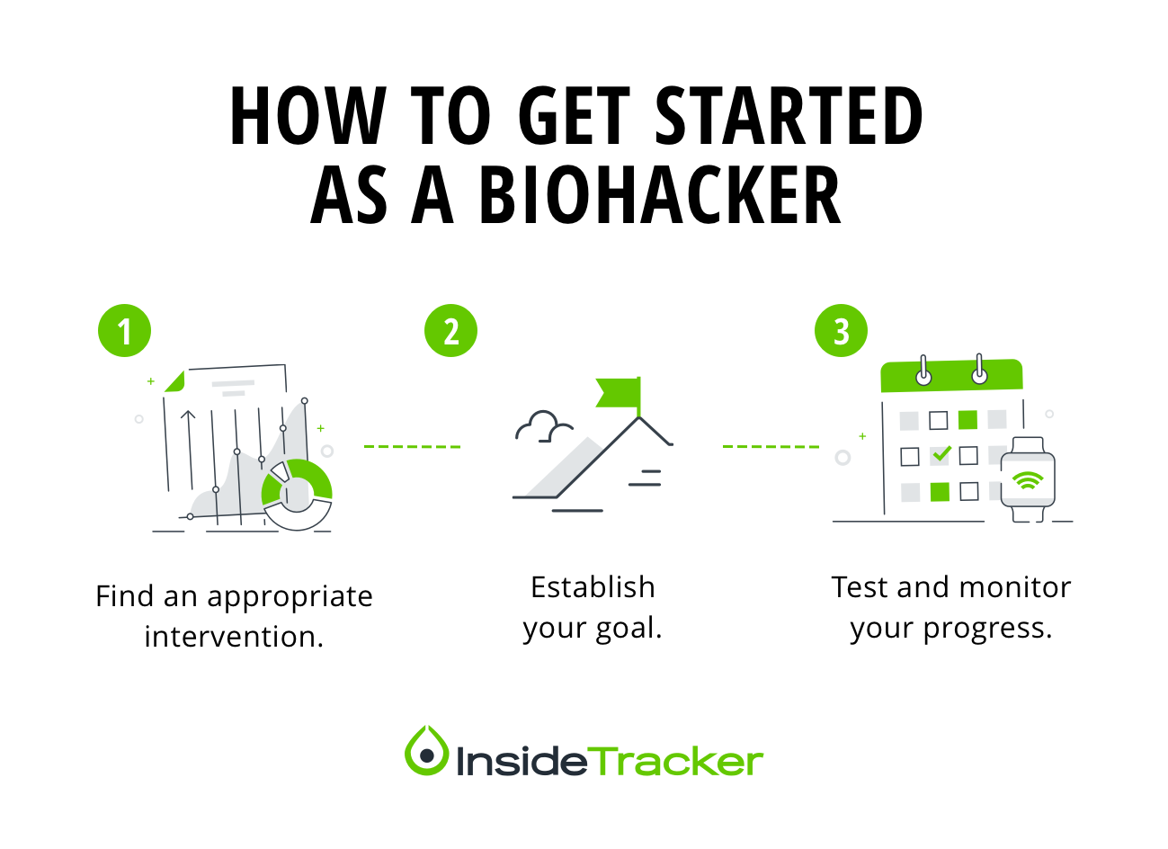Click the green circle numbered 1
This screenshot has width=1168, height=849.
(125, 331)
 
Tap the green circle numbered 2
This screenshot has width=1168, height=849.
(450, 331)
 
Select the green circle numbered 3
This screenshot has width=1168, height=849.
(841, 331)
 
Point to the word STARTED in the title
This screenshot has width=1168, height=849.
(789, 116)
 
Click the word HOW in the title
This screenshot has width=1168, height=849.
(307, 116)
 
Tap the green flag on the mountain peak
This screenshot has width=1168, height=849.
(620, 392)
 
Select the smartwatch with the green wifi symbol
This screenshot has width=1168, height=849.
(1028, 479)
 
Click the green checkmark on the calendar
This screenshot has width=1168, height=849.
(941, 455)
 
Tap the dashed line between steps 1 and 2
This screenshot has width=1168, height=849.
(412, 446)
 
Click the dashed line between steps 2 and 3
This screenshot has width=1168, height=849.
(771, 446)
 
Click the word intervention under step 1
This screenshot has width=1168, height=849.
(234, 637)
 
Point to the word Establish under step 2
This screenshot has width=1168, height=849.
(593, 587)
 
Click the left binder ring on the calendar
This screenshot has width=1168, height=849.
(923, 371)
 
